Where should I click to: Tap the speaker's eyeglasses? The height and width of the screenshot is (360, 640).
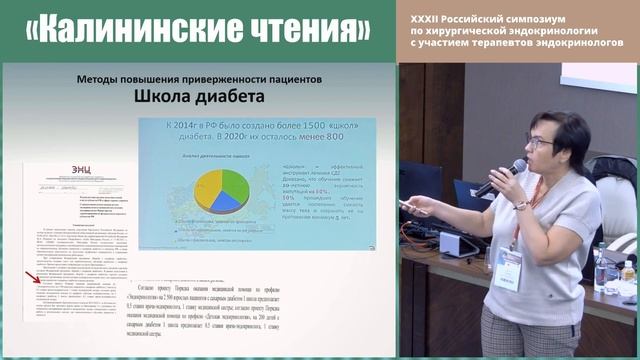pyautogui.click(x=540, y=143)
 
